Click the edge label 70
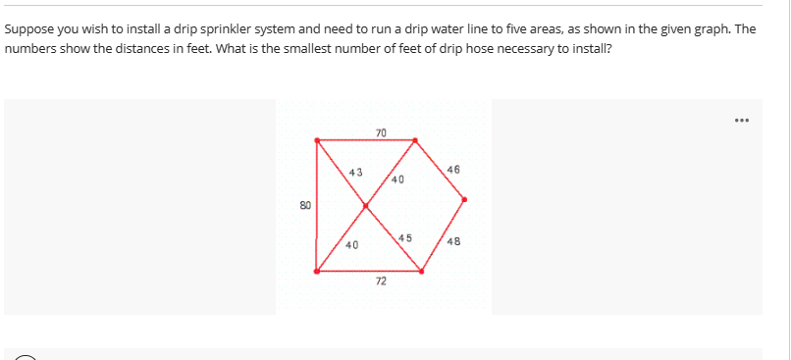[x=381, y=131]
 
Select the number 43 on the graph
[x=355, y=173]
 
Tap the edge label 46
[x=451, y=171]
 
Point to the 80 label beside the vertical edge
[x=305, y=206]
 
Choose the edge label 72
[x=380, y=282]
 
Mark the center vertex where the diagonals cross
[x=365, y=206]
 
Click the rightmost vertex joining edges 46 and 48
[x=464, y=200]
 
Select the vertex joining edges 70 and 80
[x=316, y=140]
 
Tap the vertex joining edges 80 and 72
[x=316, y=271]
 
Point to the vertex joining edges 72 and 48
[x=422, y=271]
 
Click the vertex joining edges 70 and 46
[x=412, y=140]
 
